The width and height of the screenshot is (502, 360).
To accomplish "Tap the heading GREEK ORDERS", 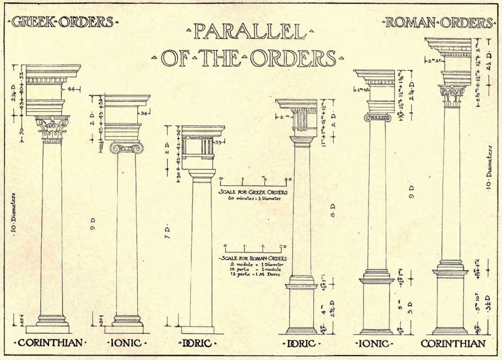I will tap(63, 23).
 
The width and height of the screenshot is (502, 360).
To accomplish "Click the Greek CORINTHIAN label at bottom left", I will tap(52, 343).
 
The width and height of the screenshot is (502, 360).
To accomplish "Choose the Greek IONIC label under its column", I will tap(127, 343).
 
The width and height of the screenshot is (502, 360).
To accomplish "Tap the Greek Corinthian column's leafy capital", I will tap(52, 129).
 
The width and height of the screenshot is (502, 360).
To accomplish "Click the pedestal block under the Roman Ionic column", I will tap(377, 304).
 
